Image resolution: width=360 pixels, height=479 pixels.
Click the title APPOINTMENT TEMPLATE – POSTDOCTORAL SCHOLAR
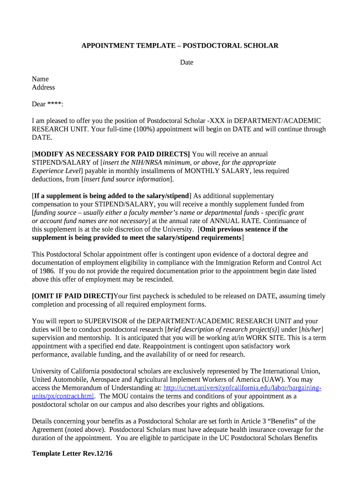[x=180, y=45]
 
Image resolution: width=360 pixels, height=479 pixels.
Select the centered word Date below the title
[x=187, y=62]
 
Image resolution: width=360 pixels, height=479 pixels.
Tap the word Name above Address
[x=40, y=79]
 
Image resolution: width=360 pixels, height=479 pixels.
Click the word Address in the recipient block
[x=43, y=87]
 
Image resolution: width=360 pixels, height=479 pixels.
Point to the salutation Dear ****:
[x=47, y=104]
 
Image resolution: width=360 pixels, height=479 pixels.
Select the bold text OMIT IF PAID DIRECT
[x=72, y=296]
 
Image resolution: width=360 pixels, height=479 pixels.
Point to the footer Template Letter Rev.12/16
[x=72, y=454]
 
